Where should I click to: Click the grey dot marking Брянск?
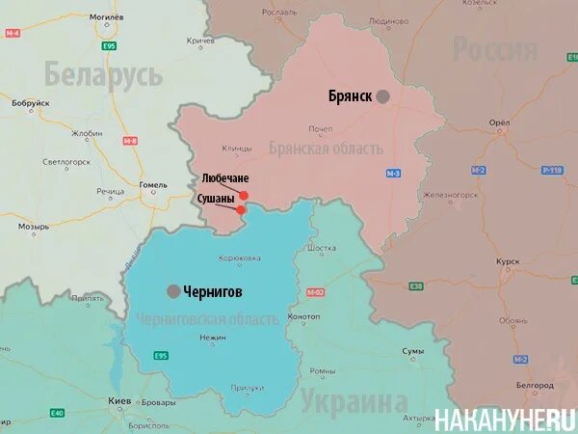(383, 96)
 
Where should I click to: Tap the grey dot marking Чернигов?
(173, 291)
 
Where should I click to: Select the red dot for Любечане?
(244, 195)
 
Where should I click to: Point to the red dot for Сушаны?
(241, 208)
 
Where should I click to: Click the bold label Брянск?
(350, 96)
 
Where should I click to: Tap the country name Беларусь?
(103, 73)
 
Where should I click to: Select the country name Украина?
(354, 402)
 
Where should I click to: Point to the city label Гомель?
(153, 184)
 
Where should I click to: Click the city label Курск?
(507, 262)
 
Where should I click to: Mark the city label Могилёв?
(106, 16)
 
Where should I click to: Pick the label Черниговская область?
(208, 319)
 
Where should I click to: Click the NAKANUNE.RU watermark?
(505, 420)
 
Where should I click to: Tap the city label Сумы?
(413, 351)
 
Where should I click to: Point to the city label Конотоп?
(304, 316)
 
